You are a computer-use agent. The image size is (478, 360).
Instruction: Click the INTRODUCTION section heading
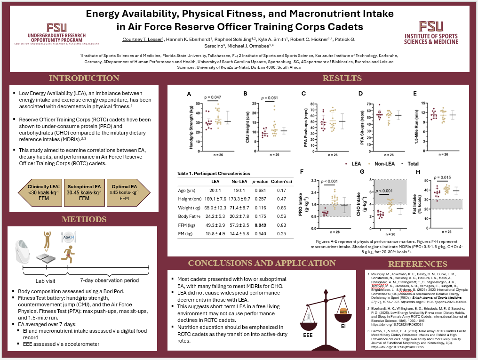(84, 78)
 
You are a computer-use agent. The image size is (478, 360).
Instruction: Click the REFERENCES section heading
(418, 264)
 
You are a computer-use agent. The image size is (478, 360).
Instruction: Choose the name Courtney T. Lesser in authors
(141, 39)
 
